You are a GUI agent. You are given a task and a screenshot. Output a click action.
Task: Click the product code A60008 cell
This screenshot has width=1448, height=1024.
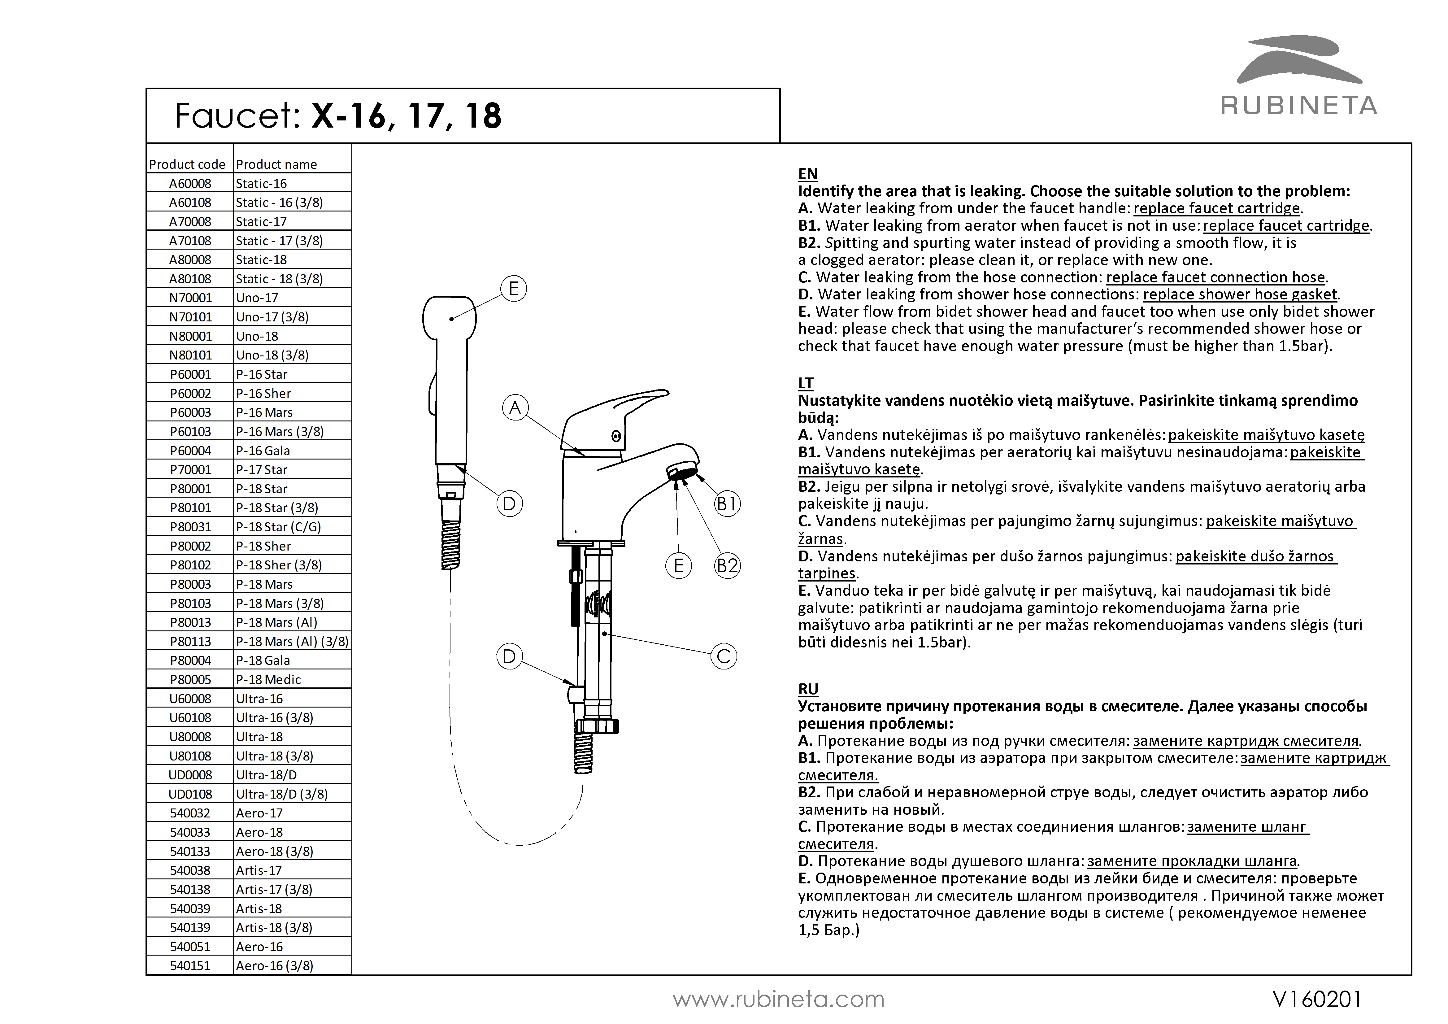190,184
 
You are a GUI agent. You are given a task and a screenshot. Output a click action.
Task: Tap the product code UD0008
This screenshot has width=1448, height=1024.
190,775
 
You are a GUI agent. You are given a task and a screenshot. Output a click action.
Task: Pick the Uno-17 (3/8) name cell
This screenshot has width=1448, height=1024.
272,317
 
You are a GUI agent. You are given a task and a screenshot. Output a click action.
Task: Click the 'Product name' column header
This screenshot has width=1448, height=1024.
276,164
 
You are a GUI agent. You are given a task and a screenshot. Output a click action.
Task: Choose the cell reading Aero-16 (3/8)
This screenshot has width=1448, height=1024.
274,965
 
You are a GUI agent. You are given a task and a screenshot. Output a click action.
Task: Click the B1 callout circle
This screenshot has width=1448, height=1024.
727,503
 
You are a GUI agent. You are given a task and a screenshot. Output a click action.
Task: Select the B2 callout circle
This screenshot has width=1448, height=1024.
727,565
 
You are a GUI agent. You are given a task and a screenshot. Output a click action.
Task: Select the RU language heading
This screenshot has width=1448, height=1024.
808,689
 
